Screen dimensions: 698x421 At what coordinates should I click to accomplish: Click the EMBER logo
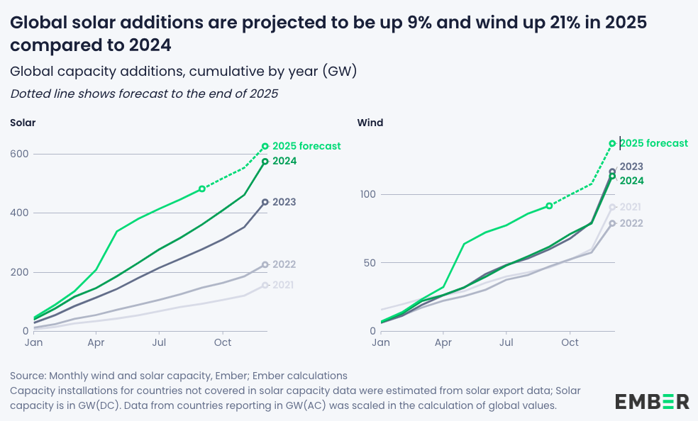click(x=652, y=401)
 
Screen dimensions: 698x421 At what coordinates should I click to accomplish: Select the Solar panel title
click(x=23, y=123)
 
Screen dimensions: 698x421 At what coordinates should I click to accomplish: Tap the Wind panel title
click(x=370, y=123)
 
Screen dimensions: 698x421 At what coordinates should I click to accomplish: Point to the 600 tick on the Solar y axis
click(x=19, y=154)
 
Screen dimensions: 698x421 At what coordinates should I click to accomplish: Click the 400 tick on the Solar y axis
click(x=19, y=213)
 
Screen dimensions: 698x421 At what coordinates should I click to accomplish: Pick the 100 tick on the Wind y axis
click(x=368, y=194)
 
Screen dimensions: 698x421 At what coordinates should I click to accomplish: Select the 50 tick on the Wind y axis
click(x=370, y=263)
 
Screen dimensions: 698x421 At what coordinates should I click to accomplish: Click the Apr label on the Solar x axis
click(x=96, y=342)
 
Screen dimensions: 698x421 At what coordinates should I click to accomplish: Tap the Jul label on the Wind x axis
click(x=506, y=342)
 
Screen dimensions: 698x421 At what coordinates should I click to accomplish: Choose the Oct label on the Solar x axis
click(x=223, y=342)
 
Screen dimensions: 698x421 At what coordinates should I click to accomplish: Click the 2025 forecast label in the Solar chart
click(x=306, y=146)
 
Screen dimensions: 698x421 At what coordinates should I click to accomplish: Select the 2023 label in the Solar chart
click(x=284, y=202)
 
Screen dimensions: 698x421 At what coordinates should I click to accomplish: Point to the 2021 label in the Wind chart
click(x=631, y=207)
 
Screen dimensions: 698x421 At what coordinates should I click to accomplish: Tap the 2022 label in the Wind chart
click(x=631, y=223)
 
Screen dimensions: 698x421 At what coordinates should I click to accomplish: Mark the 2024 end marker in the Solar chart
click(x=265, y=162)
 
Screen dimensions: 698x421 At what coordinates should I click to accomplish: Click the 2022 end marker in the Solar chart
click(x=265, y=264)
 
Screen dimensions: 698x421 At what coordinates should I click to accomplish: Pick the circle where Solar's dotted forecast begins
click(x=202, y=189)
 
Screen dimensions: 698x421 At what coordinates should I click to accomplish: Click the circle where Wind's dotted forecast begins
click(x=549, y=206)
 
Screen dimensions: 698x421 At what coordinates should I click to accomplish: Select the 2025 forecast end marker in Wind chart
click(x=612, y=144)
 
